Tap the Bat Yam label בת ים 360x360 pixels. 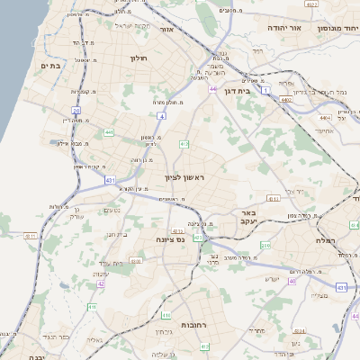50,66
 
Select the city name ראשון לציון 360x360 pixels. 184,176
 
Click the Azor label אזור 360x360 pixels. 165,30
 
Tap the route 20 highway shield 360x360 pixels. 76,112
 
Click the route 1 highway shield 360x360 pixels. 265,90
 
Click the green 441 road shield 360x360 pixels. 108,132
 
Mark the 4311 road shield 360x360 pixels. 31,236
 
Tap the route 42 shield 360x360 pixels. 102,283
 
